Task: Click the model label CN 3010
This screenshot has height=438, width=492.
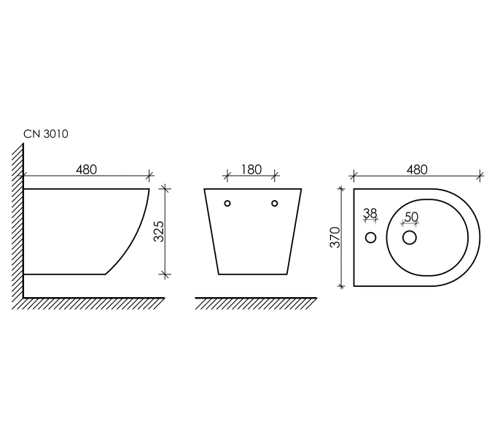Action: click(46, 134)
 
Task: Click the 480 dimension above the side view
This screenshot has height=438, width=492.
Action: click(86, 169)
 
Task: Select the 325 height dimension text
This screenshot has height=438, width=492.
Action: click(159, 231)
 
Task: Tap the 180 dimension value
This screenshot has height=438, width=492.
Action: click(251, 169)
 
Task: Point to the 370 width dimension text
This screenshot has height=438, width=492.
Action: click(335, 237)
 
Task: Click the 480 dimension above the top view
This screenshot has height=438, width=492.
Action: click(417, 169)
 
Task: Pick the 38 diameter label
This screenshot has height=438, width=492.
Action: click(370, 213)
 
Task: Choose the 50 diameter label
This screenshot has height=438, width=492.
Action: click(412, 217)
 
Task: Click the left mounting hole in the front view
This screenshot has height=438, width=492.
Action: click(227, 203)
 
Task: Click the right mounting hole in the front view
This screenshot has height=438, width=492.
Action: click(275, 203)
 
